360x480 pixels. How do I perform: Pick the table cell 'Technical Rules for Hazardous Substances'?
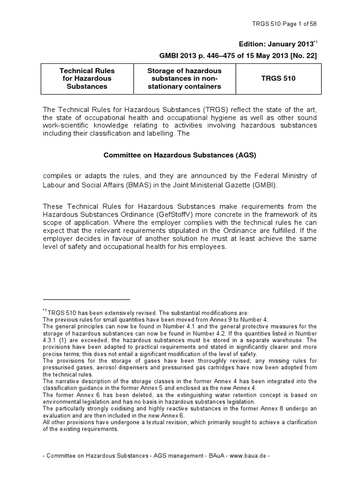[87, 78]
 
